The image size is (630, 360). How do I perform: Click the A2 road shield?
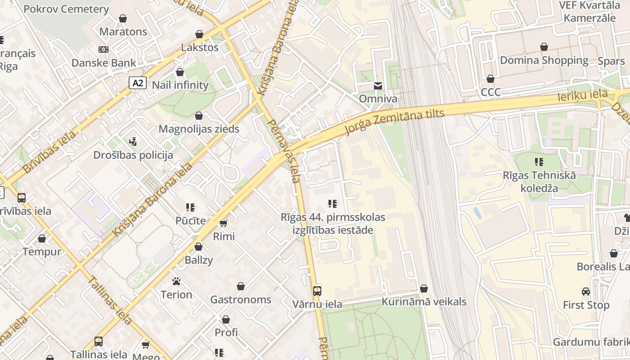[x=138, y=83]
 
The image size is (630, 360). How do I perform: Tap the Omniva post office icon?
[x=378, y=85]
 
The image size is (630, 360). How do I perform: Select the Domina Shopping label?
[x=544, y=60]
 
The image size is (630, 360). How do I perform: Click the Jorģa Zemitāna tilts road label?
[x=395, y=121]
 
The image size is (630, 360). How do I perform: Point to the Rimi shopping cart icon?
[x=224, y=223]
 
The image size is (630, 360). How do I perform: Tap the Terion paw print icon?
[x=176, y=282]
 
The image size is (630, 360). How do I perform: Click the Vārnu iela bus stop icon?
[x=317, y=291]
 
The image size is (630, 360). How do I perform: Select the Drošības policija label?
[x=133, y=155]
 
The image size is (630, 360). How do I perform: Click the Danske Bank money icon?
[x=103, y=49]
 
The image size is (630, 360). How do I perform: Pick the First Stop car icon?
[x=586, y=292]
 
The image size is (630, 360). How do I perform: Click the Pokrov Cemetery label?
[x=66, y=9]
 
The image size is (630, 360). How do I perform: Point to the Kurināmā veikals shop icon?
[x=423, y=288]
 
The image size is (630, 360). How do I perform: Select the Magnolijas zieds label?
[x=199, y=129]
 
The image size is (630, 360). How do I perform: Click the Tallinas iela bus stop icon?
[x=99, y=341]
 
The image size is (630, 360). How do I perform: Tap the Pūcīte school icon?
[x=190, y=207]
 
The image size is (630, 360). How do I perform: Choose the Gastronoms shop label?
[x=241, y=300]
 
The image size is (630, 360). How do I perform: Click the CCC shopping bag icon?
[x=490, y=79]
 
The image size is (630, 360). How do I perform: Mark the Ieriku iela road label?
[x=582, y=96]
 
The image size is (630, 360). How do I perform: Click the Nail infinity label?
[x=180, y=85]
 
